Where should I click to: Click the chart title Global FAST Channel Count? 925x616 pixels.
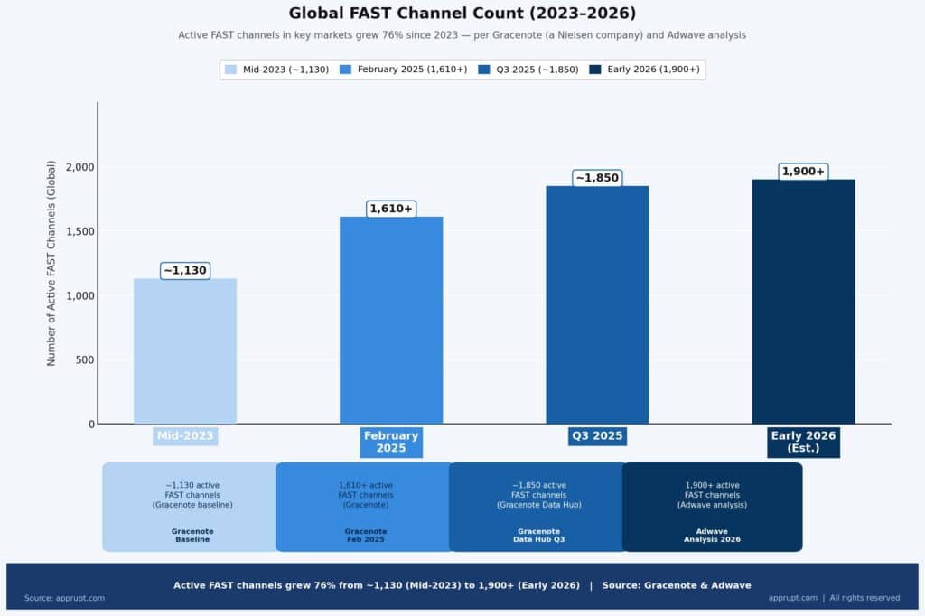[462, 14]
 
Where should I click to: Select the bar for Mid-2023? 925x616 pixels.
[185, 351]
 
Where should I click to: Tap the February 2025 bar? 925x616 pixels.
[391, 321]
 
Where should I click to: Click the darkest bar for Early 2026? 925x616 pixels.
[803, 302]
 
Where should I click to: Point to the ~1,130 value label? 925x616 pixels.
[185, 270]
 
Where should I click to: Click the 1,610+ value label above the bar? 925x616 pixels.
[391, 209]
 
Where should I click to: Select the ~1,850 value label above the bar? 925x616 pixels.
[597, 178]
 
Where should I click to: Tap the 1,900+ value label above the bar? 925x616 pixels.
[803, 172]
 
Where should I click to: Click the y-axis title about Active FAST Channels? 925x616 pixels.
[51, 263]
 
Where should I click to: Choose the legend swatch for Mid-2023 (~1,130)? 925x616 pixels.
[231, 70]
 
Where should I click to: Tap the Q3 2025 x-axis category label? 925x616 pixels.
[597, 436]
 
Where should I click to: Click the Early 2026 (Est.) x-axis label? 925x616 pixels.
[803, 442]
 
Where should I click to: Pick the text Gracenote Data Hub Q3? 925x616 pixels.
[538, 536]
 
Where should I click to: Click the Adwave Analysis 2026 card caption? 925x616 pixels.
[712, 536]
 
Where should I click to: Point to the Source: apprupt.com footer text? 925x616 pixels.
[64, 598]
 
